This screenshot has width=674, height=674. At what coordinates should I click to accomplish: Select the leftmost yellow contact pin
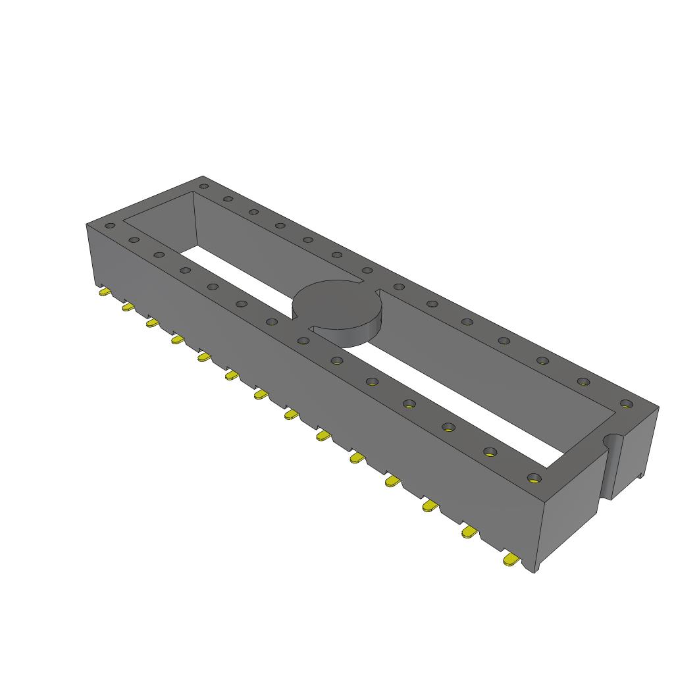coord(104,292)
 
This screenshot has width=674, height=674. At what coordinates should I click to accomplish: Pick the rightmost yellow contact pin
coord(509,560)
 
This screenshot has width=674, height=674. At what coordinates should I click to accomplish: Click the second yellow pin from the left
coord(128,307)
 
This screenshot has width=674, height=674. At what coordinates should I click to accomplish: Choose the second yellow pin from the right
coord(469,532)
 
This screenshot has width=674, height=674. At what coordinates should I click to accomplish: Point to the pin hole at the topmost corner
coord(203,186)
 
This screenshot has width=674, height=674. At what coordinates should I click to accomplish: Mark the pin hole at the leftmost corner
coord(110,226)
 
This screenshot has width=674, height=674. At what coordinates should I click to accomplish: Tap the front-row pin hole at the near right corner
coord(534,478)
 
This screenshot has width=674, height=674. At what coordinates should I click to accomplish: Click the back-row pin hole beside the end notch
coord(625,403)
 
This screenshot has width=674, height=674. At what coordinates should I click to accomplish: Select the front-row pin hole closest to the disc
coord(303,340)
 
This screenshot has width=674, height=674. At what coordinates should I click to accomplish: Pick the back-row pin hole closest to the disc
coord(367,269)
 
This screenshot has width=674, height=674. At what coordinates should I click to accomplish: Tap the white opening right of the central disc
coord(461,408)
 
